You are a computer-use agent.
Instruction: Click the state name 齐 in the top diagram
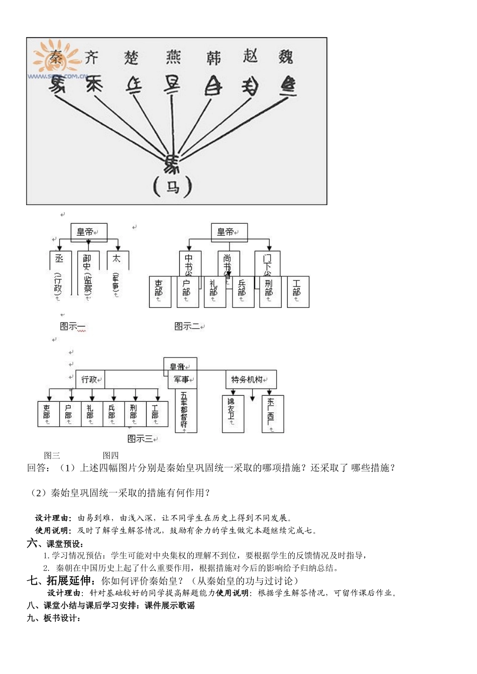91,57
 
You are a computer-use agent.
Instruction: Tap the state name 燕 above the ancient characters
173,57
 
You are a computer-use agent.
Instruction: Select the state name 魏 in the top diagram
286,57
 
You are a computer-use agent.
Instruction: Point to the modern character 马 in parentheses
173,187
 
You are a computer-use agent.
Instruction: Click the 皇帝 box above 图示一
88,232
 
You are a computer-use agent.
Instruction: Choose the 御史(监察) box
88,275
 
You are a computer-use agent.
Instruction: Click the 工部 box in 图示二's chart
297,291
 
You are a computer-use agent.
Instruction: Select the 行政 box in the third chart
90,380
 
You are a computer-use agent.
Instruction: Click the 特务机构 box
250,380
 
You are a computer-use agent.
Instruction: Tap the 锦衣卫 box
232,413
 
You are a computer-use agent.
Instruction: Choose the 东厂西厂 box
272,413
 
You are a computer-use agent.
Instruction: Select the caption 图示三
142,439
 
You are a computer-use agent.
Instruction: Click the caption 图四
110,455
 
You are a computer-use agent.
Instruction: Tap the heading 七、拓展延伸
61,581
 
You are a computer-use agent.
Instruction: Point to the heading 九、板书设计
54,618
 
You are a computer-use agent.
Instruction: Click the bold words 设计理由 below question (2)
54,518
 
